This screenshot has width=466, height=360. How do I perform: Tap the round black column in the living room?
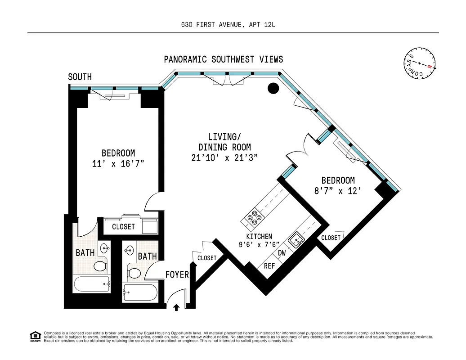tap(273, 89)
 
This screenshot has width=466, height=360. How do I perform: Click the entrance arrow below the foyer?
tap(176, 307)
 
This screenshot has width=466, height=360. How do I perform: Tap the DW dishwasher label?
tap(282, 253)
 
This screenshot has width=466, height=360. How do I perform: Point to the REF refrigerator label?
tap(269, 266)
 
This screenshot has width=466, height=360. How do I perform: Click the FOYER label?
tap(177, 274)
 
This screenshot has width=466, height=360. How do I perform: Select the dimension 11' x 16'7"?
tap(118, 163)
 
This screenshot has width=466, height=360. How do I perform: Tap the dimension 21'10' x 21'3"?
tap(224, 157)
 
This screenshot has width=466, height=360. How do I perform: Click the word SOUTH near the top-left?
tap(80, 77)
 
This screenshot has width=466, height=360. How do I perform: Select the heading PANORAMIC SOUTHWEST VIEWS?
tap(223, 59)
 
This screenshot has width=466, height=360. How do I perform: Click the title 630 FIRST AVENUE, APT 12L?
tap(233, 25)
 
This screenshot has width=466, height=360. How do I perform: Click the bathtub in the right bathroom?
tap(140, 292)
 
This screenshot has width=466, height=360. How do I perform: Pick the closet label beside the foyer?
tap(207, 258)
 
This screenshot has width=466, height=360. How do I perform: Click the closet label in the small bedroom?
tap(331, 238)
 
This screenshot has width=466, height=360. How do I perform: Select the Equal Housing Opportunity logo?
tap(34, 336)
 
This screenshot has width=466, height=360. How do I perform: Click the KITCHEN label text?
tap(259, 236)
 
